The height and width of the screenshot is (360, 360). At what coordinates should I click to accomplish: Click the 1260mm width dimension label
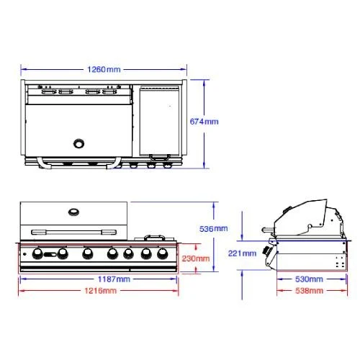coord(104,70)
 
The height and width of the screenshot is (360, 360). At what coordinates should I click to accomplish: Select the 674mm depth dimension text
coord(204,122)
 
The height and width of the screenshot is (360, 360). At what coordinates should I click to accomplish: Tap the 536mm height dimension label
coord(214,229)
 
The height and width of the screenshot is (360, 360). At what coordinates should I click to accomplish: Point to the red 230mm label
coord(196,258)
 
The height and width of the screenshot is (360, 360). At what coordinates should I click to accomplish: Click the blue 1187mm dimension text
coord(114,279)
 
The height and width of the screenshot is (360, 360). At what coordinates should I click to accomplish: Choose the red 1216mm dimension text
coord(101,291)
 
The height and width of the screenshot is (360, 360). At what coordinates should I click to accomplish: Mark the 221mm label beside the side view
coord(242,253)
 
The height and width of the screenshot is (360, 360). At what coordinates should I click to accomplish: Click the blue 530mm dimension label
coord(309,279)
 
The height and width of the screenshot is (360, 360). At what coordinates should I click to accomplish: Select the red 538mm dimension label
coord(309,291)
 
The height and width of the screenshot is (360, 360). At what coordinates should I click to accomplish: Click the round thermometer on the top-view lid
coord(78,143)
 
